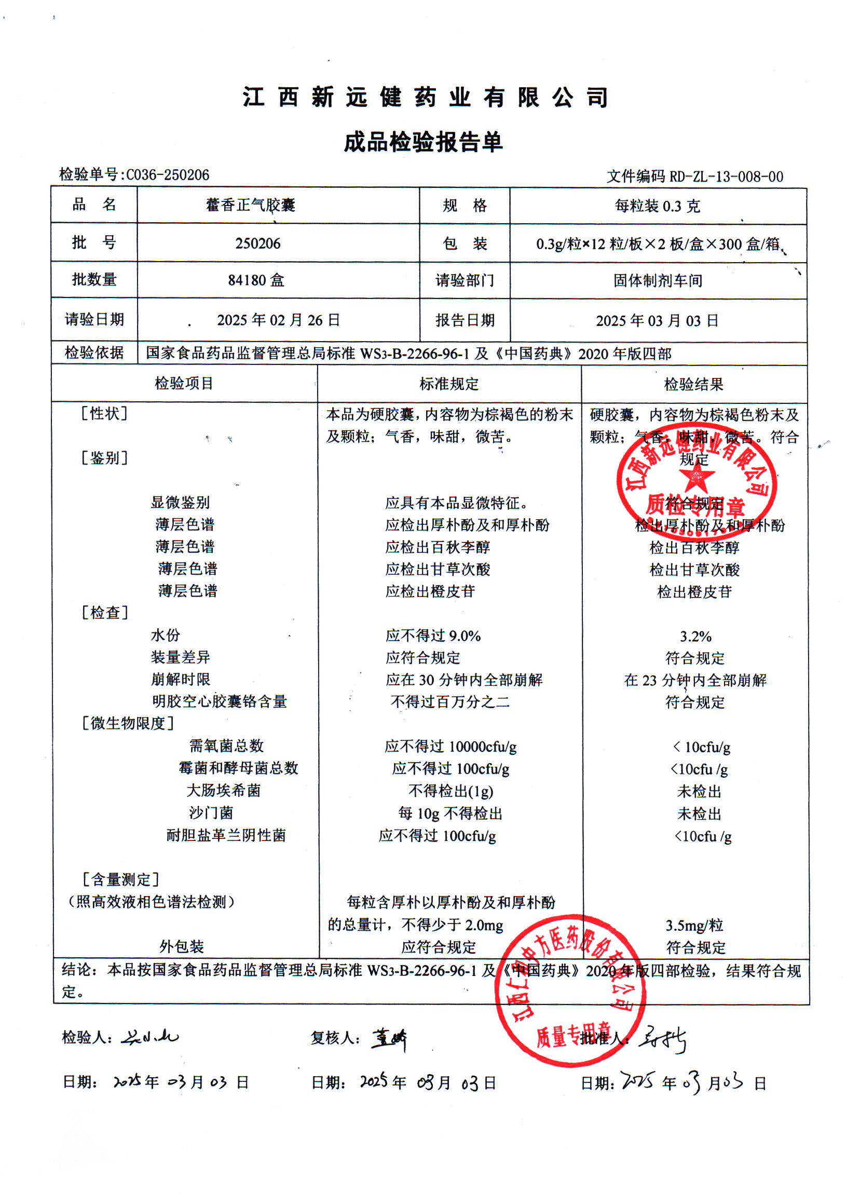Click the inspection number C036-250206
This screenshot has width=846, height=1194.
pyautogui.click(x=167, y=174)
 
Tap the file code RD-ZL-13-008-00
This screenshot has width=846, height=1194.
pyautogui.click(x=726, y=177)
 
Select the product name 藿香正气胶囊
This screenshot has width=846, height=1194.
pyautogui.click(x=251, y=205)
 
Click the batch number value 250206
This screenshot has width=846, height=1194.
pyautogui.click(x=258, y=243)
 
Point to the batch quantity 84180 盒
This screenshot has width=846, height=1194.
pyautogui.click(x=256, y=280)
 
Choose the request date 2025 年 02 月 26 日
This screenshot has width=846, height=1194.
pyautogui.click(x=278, y=320)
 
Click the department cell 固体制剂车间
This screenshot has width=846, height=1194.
pyautogui.click(x=658, y=281)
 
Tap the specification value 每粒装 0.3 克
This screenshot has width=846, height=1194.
pyautogui.click(x=658, y=206)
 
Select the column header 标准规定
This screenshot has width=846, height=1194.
pyautogui.click(x=448, y=384)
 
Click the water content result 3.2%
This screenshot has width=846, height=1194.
pyautogui.click(x=695, y=636)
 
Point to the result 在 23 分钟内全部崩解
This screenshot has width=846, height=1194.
pyautogui.click(x=695, y=680)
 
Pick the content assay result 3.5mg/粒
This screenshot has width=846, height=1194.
pyautogui.click(x=694, y=925)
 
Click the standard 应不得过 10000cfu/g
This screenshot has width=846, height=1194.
pyautogui.click(x=450, y=747)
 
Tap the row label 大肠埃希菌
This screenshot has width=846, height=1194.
pyautogui.click(x=224, y=790)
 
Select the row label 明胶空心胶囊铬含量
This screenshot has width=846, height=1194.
pyautogui.click(x=220, y=701)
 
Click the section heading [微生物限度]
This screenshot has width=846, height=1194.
pyautogui.click(x=128, y=723)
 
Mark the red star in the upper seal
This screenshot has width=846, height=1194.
pyautogui.click(x=695, y=478)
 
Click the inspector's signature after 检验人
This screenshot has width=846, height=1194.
pyautogui.click(x=150, y=1037)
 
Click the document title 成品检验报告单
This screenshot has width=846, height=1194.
pyautogui.click(x=423, y=142)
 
